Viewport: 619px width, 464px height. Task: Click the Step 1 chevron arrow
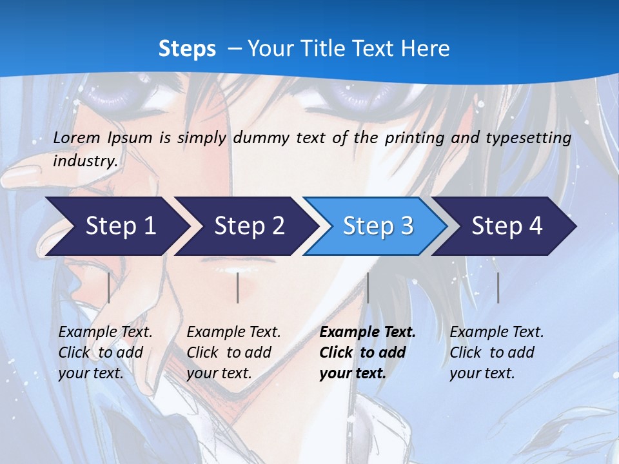[116, 226]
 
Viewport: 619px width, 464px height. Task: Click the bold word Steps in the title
[187, 48]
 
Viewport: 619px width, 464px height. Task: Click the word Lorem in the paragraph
[77, 137]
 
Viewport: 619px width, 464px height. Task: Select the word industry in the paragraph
[84, 161]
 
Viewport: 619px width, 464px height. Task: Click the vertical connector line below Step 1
[108, 287]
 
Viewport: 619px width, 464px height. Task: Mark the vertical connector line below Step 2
[238, 287]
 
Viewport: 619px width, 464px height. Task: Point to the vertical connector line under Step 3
[368, 287]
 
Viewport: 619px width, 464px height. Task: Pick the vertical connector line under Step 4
[498, 287]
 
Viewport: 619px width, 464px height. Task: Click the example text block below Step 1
[105, 353]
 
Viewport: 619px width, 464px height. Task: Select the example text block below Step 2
[233, 353]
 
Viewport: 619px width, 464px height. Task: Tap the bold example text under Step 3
[368, 353]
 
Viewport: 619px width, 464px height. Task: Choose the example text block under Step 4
[496, 353]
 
